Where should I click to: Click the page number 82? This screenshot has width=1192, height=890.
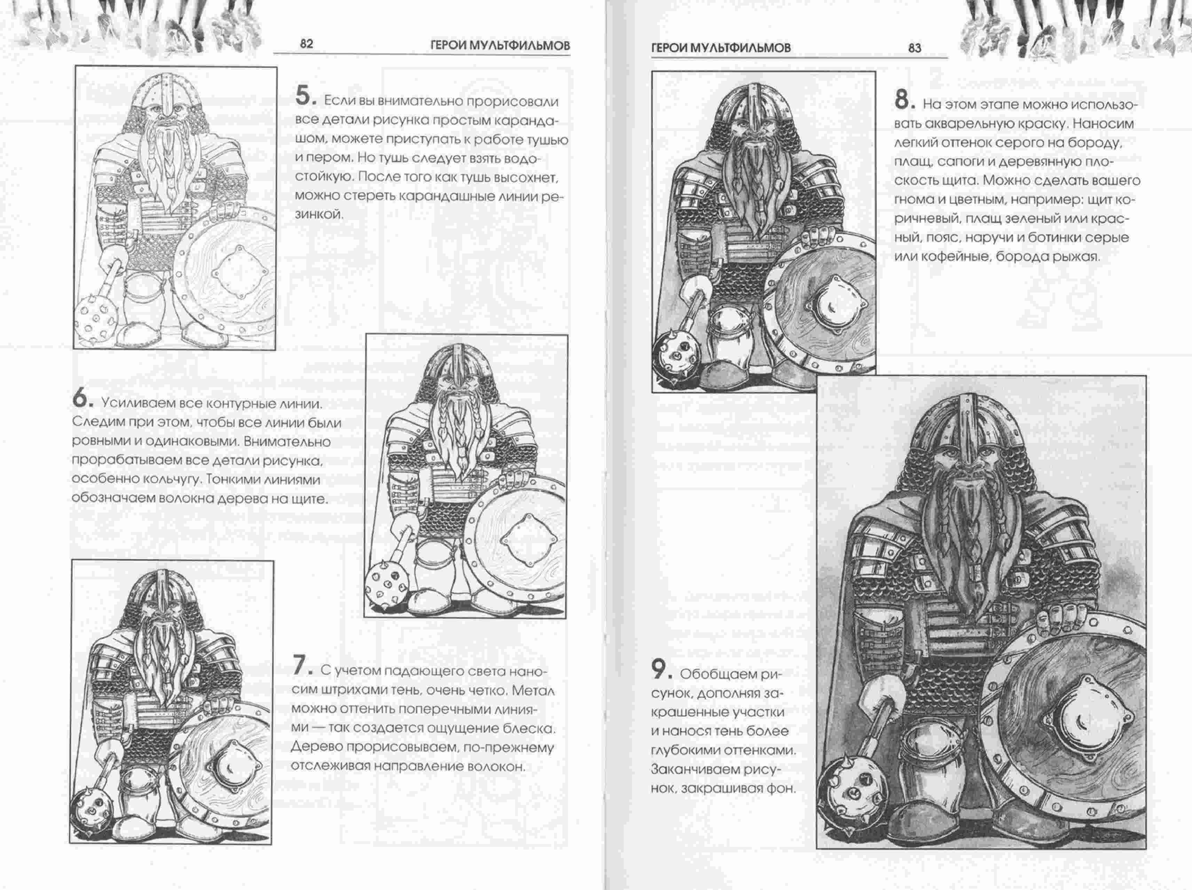[x=306, y=44]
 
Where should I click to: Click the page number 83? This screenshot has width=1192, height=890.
[x=915, y=48]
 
